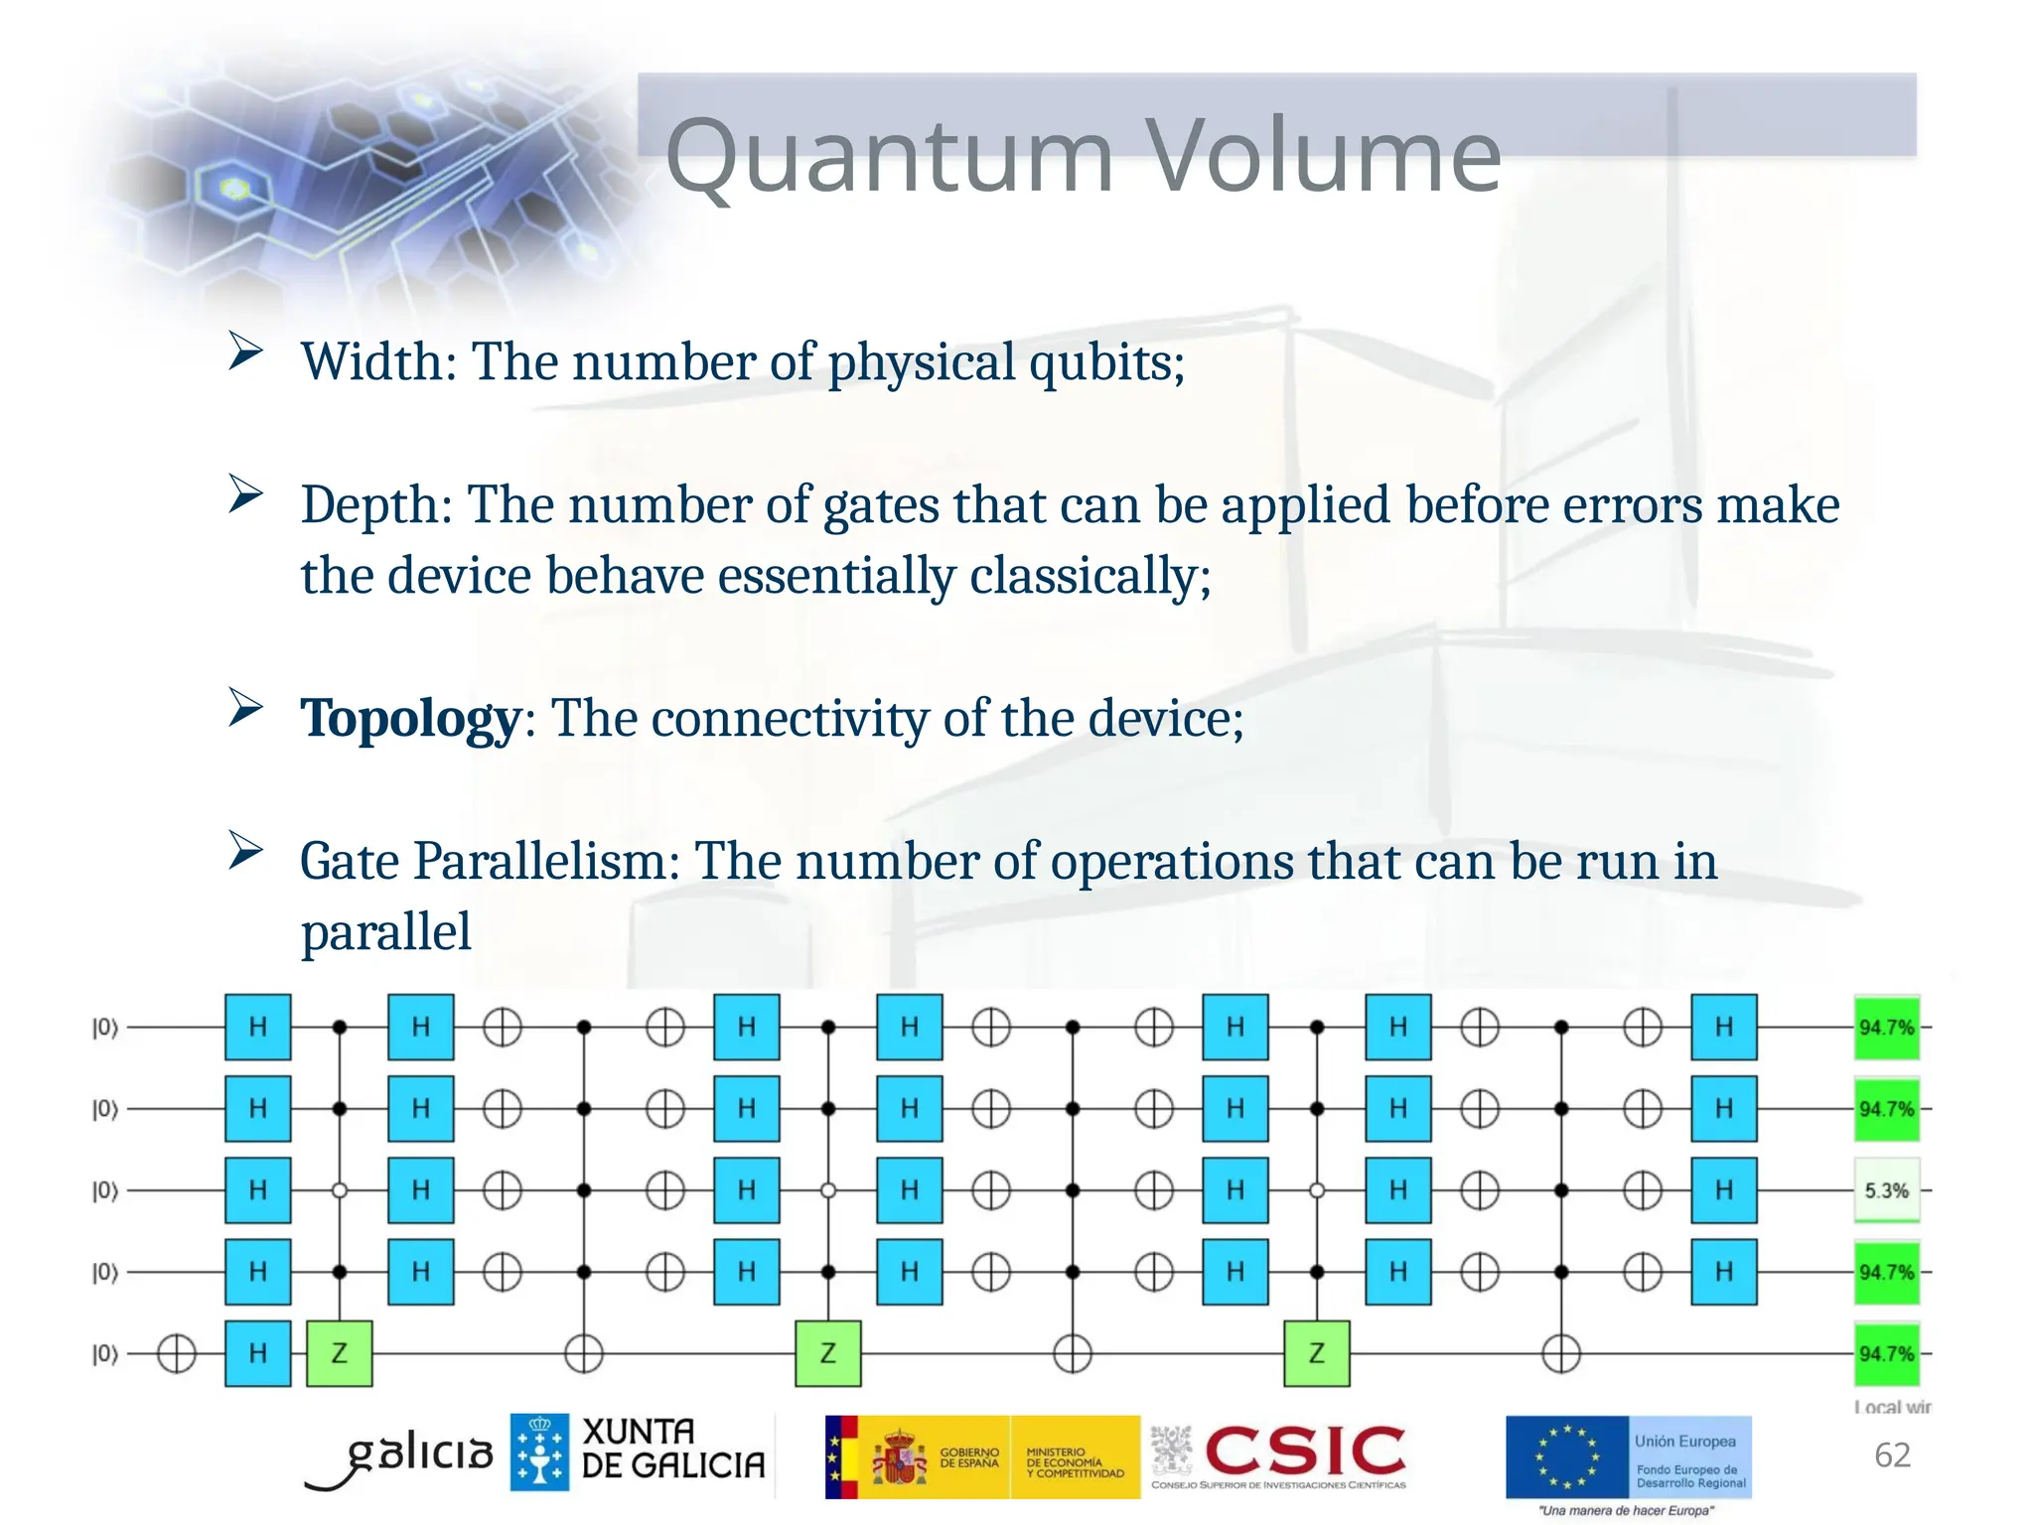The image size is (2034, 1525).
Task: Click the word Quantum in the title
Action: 889,157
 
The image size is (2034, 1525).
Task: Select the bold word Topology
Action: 410,719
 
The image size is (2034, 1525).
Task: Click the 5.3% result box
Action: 1886,1190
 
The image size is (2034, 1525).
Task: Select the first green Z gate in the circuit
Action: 340,1353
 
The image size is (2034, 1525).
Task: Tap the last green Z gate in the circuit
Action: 1317,1353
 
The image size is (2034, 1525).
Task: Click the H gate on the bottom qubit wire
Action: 258,1353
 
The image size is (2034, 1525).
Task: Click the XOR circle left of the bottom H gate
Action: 177,1353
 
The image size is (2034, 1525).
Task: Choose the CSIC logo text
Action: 1305,1451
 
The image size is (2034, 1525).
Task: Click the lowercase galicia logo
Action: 412,1456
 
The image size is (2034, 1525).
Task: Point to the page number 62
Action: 1892,1456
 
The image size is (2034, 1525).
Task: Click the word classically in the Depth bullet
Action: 1084,577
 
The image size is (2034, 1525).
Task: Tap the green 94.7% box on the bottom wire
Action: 1886,1353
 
